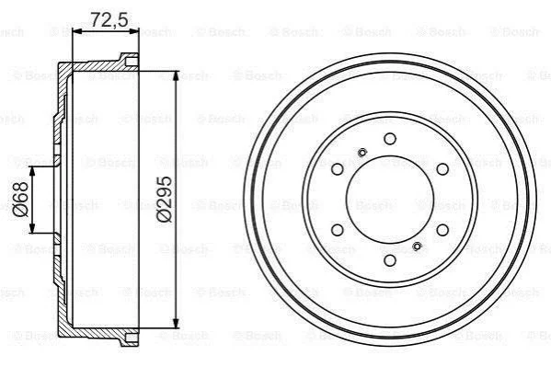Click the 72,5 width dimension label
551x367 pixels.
109,20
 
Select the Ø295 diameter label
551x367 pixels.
164,199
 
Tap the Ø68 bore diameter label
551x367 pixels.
20,199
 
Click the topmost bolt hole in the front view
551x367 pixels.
390,139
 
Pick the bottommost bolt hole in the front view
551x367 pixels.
390,260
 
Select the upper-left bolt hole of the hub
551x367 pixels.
338,169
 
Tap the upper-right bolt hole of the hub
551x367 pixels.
442,169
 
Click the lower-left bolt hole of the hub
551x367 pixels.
338,230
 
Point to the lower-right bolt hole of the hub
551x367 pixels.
442,230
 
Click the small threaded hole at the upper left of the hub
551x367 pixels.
362,153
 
